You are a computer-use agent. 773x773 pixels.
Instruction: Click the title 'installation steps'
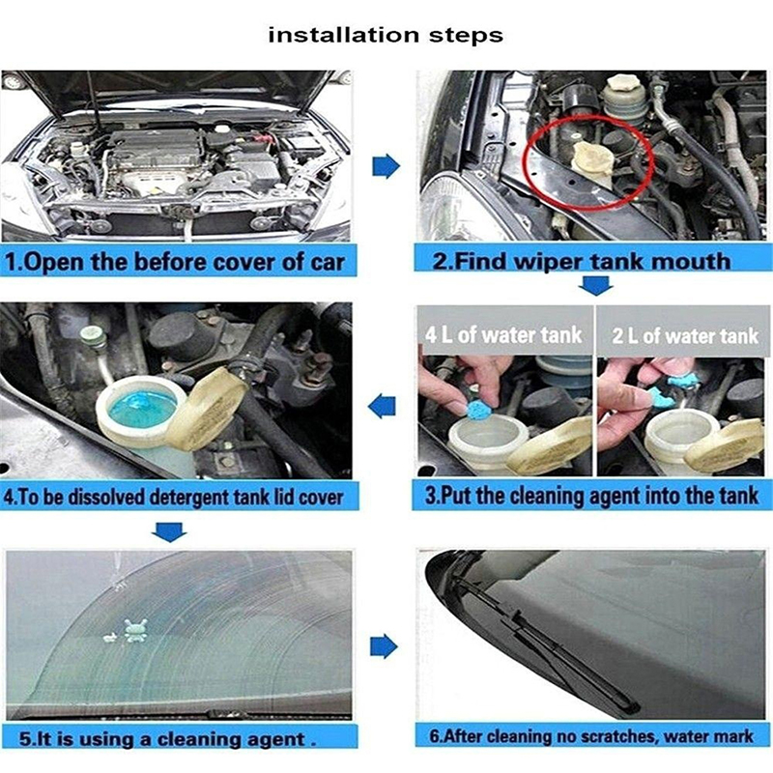click(386, 36)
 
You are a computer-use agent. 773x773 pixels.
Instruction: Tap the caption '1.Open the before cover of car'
click(175, 262)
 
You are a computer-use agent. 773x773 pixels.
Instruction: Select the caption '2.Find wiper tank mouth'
click(582, 261)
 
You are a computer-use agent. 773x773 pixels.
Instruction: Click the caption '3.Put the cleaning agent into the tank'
click(591, 496)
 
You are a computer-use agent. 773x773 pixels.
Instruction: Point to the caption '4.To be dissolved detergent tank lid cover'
click(173, 497)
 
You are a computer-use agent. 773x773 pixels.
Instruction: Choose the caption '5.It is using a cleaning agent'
click(167, 739)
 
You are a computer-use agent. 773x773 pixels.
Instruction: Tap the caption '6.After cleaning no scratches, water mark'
click(591, 736)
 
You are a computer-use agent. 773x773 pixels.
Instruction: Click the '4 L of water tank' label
click(503, 334)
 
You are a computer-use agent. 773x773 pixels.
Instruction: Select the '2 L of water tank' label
click(685, 335)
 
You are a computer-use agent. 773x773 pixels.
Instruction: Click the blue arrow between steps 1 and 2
click(386, 165)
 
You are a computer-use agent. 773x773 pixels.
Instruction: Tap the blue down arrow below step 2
click(596, 285)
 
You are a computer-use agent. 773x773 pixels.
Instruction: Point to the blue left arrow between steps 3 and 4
click(383, 407)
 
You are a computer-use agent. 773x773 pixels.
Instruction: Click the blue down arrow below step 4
click(169, 531)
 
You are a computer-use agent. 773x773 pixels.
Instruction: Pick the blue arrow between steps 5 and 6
click(384, 646)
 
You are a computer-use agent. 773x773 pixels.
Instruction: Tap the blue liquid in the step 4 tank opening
click(142, 409)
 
